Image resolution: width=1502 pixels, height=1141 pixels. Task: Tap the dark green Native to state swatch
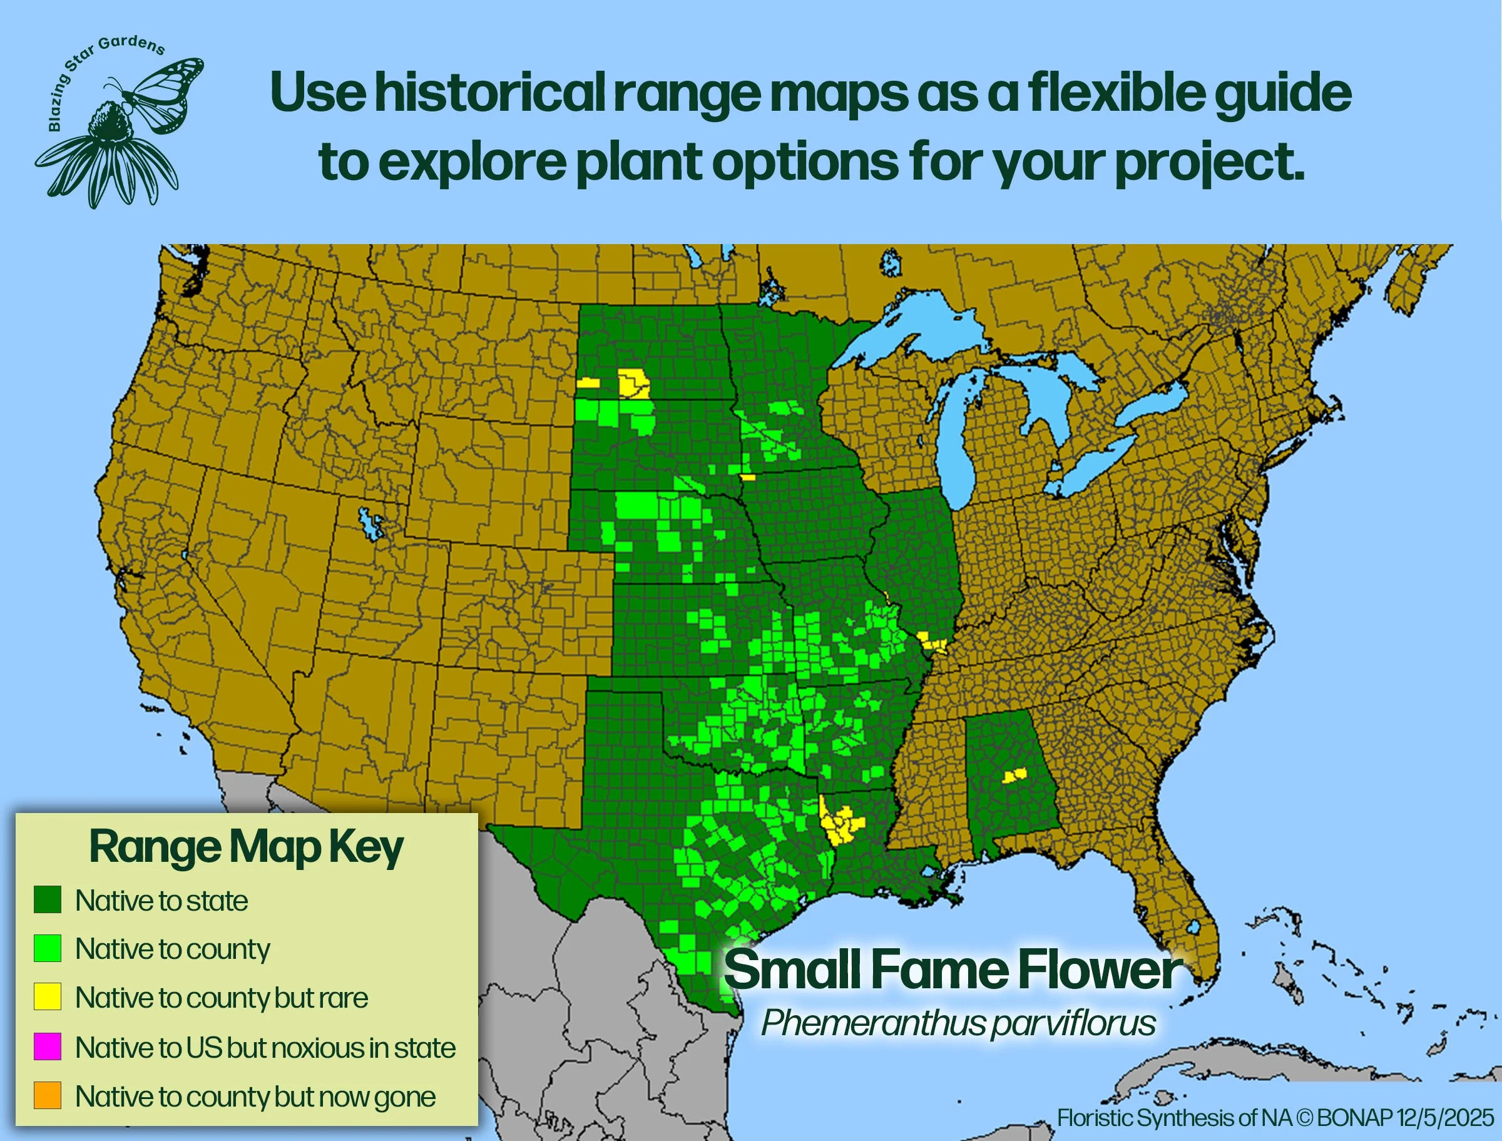tap(48, 900)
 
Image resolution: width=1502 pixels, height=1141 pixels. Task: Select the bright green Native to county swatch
tap(48, 948)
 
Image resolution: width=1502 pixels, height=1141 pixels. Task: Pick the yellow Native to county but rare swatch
tap(48, 997)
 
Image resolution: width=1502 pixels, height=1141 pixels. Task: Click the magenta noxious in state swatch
tap(48, 1046)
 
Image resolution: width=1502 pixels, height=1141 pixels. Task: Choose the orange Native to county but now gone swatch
tap(48, 1095)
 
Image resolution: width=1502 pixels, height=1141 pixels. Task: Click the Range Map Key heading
tap(246, 848)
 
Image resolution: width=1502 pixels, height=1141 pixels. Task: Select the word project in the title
tap(1208, 163)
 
